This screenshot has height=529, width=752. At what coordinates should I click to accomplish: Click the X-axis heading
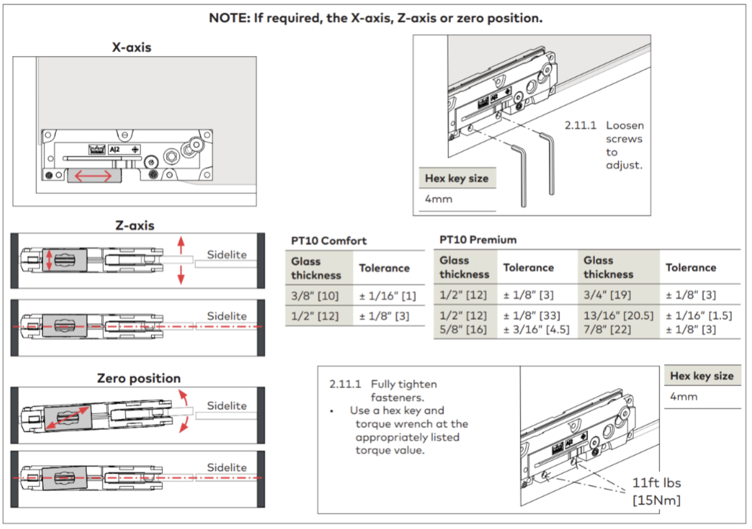click(131, 47)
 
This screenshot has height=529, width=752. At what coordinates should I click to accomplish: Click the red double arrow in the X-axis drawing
click(93, 176)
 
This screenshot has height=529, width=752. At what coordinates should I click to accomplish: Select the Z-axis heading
click(134, 225)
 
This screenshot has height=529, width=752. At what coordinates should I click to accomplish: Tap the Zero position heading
click(138, 378)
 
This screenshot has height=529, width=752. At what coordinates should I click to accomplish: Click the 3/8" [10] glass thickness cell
click(315, 296)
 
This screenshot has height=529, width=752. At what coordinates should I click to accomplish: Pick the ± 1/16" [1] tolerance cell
click(387, 296)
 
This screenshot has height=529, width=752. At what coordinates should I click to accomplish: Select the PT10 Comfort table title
click(329, 241)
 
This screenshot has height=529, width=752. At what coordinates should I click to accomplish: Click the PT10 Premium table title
click(478, 240)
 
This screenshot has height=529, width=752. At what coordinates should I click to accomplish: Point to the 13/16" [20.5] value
click(618, 315)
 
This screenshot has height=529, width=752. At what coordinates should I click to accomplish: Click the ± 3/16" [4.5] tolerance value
click(536, 330)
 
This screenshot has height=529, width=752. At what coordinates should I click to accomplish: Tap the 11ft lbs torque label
click(656, 483)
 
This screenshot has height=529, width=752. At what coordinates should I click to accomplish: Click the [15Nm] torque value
click(656, 500)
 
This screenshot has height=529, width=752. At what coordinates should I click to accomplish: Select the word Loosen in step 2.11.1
click(625, 125)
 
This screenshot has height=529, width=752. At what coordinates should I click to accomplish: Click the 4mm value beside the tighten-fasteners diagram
click(683, 396)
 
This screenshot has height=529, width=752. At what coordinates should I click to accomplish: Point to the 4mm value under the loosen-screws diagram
click(438, 199)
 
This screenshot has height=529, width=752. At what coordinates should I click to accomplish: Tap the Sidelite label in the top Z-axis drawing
click(226, 255)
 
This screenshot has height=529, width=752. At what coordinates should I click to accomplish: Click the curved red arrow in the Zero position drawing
click(184, 411)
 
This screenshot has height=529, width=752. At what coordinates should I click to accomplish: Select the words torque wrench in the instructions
click(412, 424)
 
